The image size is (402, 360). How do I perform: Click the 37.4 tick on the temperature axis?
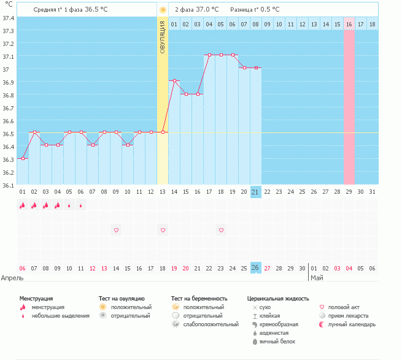pos(8,18)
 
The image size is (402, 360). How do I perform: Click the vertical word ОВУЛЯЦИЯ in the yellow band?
pos(163,36)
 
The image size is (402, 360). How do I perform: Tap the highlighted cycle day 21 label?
pos(256,192)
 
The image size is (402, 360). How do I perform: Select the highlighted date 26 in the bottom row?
pos(256,268)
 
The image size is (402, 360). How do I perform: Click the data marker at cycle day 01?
pos(23,158)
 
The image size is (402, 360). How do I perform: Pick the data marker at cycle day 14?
pos(174,81)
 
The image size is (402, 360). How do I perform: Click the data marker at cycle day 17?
pos(209,55)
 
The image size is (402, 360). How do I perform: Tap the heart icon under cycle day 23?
pos(221,230)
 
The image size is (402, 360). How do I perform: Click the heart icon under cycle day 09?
pos(116,230)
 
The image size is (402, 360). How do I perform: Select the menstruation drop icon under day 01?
pos(23,206)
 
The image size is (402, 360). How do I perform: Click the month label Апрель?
pos(12,278)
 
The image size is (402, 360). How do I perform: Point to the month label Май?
pos(316,278)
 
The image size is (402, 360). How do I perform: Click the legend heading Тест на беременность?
pos(203,298)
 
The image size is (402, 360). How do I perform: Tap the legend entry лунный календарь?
pos(352,324)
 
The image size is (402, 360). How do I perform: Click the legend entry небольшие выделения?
pos(60,316)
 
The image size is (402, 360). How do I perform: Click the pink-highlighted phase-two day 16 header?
pos(349,24)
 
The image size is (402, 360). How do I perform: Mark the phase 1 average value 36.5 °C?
pos(99,9)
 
